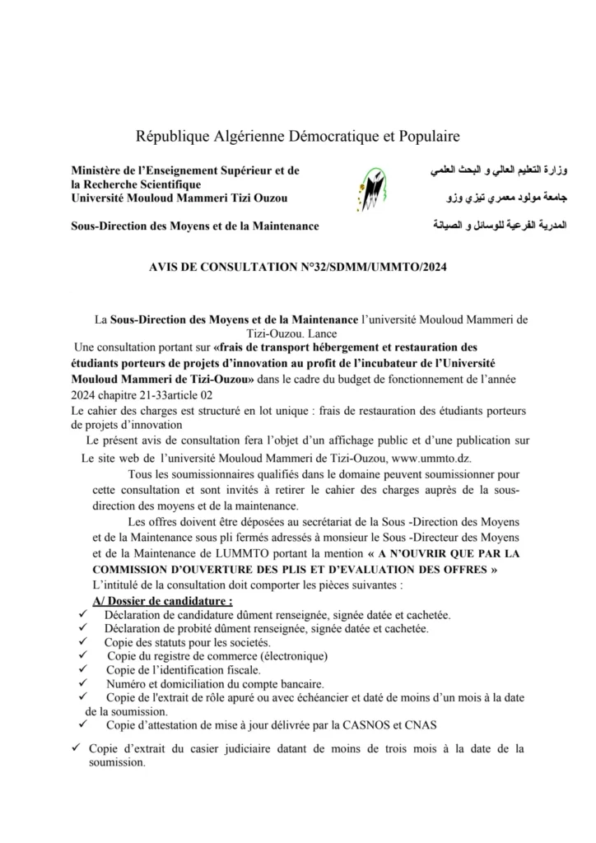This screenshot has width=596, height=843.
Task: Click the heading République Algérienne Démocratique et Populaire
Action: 298,135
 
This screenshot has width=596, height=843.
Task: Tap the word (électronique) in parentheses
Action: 285,656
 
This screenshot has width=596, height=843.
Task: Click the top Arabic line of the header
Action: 501,171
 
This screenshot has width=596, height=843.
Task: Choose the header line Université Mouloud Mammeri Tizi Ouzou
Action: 179,198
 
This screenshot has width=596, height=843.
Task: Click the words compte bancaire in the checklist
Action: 281,684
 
